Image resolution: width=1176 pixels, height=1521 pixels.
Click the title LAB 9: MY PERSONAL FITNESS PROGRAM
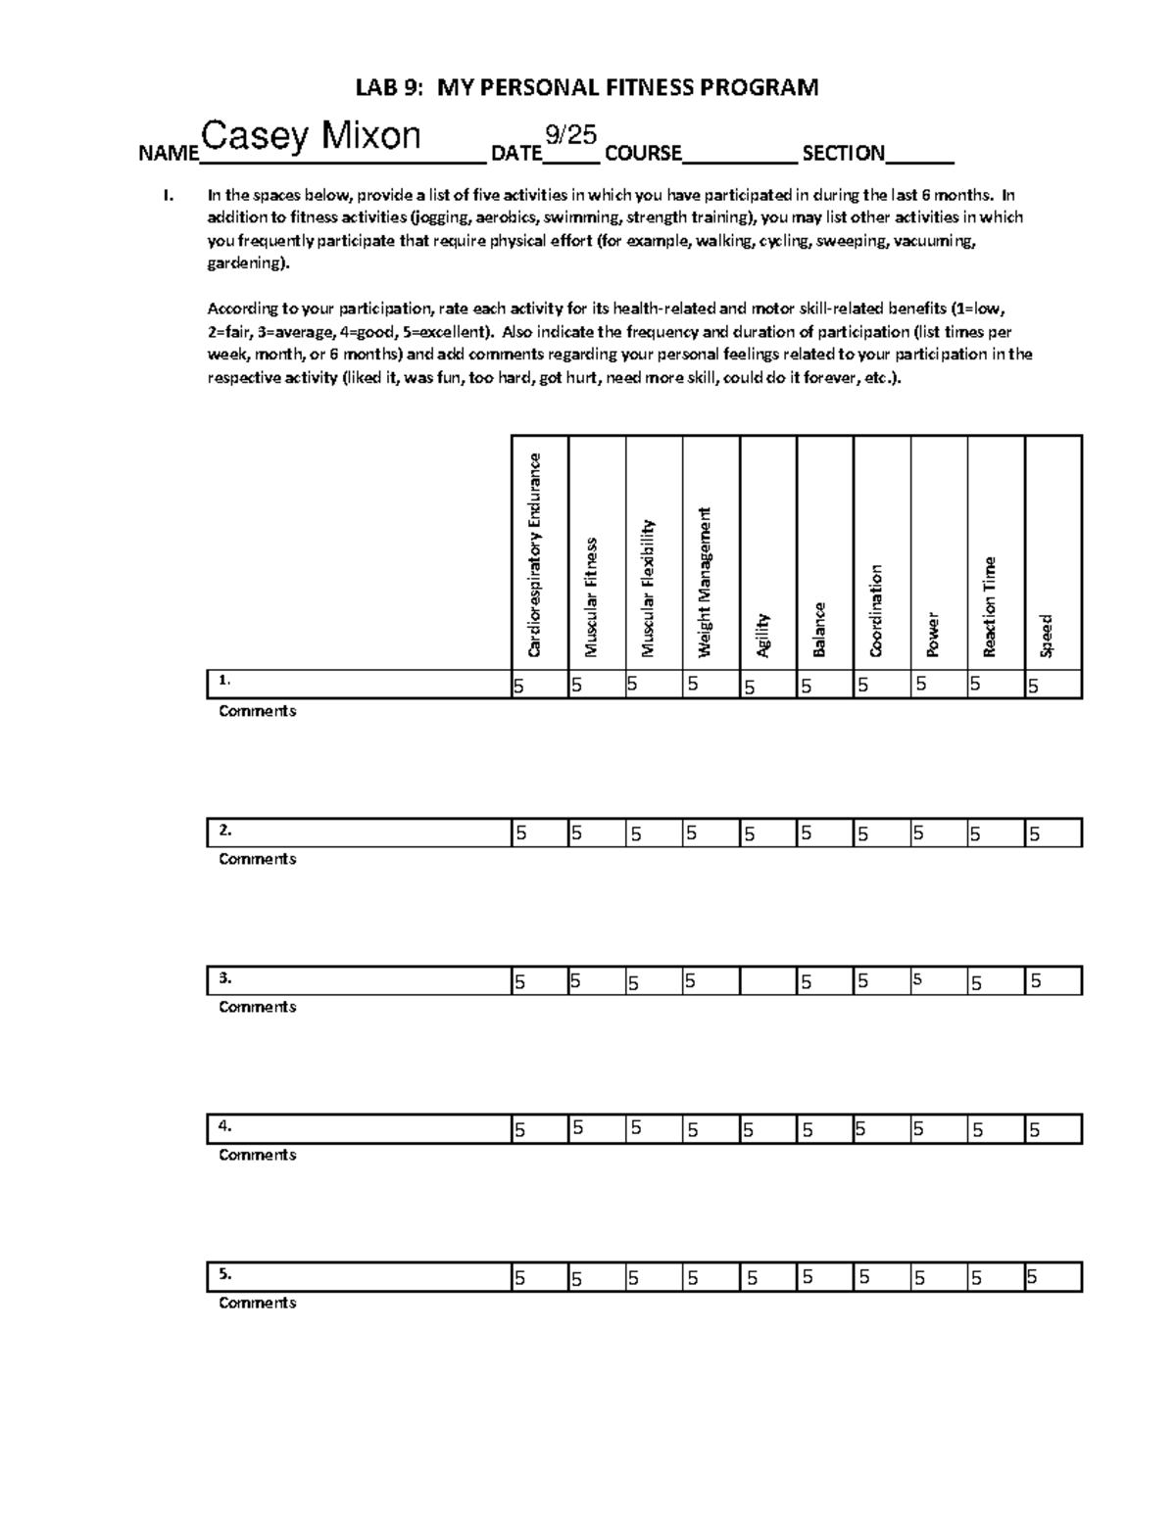586,88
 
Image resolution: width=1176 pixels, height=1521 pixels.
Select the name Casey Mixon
311,136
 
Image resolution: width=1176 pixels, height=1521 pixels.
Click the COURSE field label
643,153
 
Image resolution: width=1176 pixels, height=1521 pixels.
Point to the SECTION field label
843,153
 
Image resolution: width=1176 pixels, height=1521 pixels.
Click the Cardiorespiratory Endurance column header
535,554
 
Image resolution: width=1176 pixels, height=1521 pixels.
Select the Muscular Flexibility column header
648,588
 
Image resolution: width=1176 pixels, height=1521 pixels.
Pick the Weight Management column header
705,582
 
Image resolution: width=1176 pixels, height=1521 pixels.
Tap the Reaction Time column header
990,606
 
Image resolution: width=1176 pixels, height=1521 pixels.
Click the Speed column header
1047,635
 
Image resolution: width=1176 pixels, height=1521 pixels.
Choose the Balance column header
819,629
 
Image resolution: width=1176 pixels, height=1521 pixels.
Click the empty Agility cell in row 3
768,981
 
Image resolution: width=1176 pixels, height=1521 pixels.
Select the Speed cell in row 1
1053,686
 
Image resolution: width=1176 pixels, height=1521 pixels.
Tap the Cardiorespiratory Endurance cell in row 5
540,1277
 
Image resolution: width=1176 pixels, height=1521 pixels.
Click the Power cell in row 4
939,1129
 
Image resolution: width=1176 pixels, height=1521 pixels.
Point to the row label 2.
226,831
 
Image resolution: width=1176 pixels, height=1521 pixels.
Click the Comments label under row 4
257,1155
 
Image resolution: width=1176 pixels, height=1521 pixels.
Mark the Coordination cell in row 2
882,833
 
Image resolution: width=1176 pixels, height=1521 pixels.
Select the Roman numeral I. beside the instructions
169,195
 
